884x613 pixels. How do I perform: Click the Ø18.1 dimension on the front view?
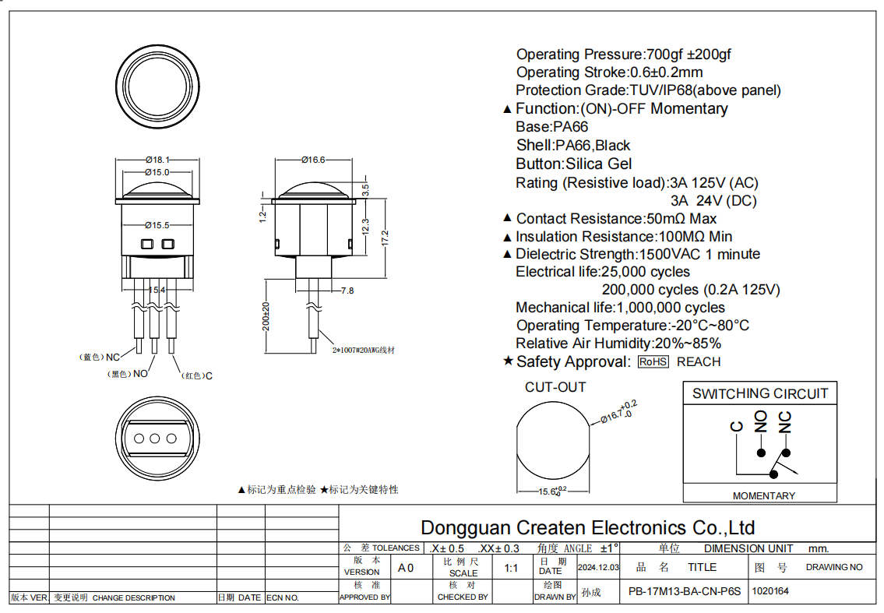[x=157, y=159]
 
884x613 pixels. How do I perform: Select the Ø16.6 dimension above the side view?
[x=312, y=160]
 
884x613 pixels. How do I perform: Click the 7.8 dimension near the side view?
[x=347, y=291]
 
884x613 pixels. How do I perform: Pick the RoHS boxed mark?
[x=653, y=361]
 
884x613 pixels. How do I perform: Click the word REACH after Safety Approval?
[x=699, y=361]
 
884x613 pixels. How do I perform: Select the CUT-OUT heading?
[x=555, y=387]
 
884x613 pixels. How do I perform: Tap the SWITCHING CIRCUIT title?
[x=759, y=393]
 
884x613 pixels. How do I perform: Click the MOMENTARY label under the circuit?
[x=763, y=495]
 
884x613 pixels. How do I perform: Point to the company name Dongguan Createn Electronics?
[x=587, y=527]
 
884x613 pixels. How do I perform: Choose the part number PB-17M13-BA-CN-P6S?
[x=684, y=591]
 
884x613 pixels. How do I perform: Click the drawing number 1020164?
[x=770, y=591]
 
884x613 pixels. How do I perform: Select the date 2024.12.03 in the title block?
[x=598, y=568]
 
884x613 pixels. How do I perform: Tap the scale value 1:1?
[x=511, y=568]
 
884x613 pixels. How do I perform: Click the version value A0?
[x=406, y=568]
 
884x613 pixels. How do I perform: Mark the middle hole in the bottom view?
[x=155, y=439]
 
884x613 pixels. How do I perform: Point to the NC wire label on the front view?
[x=113, y=357]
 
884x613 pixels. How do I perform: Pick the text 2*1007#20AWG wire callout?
[x=364, y=351]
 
